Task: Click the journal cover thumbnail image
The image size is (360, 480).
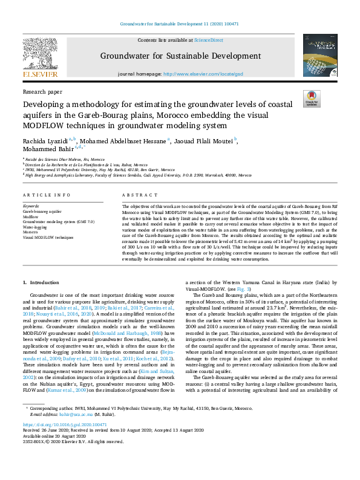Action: (320, 55)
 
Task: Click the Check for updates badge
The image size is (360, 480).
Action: (312, 99)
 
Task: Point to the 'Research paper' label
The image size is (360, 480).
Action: (42, 92)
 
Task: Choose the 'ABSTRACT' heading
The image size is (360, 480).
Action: (136, 195)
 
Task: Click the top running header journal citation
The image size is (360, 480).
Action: (180, 24)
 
